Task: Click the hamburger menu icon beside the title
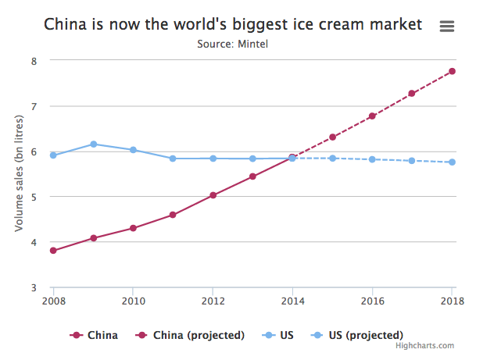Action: pyautogui.click(x=447, y=26)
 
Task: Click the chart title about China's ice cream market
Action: pyautogui.click(x=233, y=25)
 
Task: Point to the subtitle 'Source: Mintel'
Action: pyautogui.click(x=233, y=44)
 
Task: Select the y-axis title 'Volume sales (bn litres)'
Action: pyautogui.click(x=20, y=173)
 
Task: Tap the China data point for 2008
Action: pyautogui.click(x=53, y=251)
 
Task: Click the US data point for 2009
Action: pyautogui.click(x=93, y=144)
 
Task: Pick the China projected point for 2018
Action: pyautogui.click(x=453, y=72)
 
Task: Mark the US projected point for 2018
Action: pyautogui.click(x=453, y=162)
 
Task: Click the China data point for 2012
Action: pyautogui.click(x=213, y=195)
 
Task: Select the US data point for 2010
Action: pyautogui.click(x=133, y=150)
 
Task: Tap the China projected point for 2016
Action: pyautogui.click(x=372, y=116)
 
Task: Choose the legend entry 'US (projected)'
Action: pyautogui.click(x=360, y=335)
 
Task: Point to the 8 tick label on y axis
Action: pyautogui.click(x=32, y=61)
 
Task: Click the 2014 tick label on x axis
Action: pyautogui.click(x=292, y=301)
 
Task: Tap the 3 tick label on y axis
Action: pyautogui.click(x=32, y=288)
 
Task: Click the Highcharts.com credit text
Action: pyautogui.click(x=424, y=346)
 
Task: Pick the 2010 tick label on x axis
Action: pyautogui.click(x=133, y=301)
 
